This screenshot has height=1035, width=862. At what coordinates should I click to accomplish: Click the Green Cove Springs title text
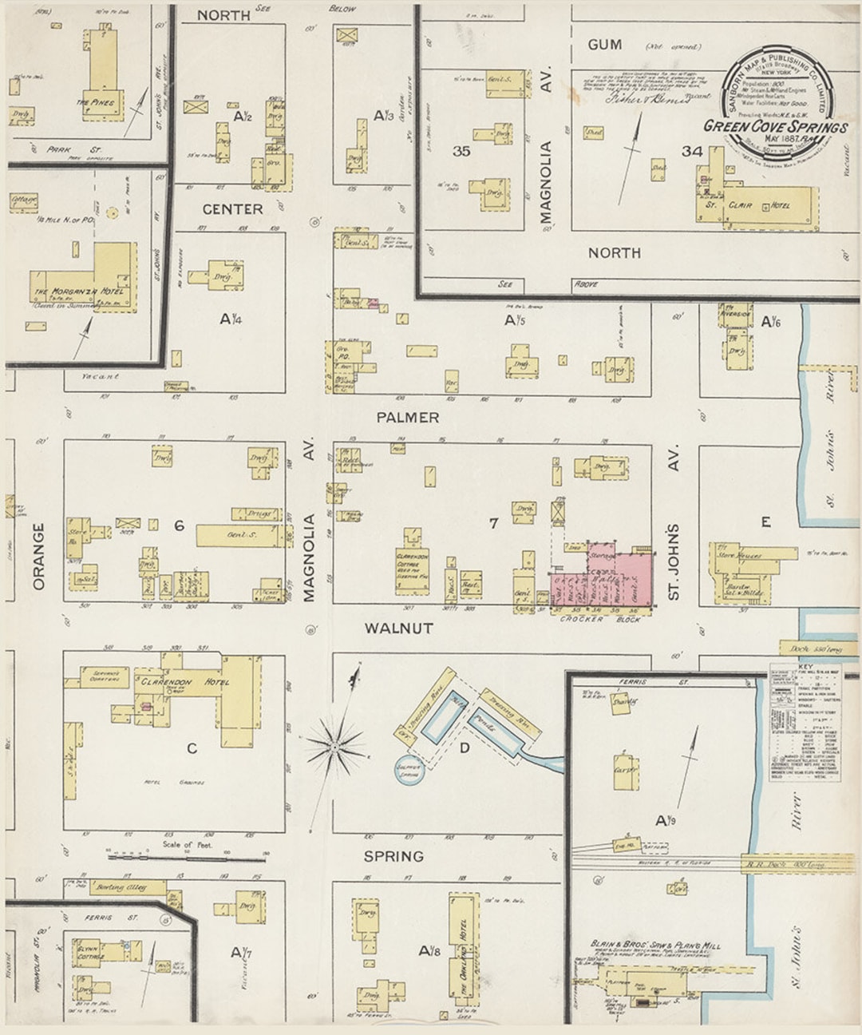click(775, 126)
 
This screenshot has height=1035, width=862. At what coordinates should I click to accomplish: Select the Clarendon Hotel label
click(184, 683)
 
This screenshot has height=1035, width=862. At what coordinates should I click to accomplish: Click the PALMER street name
click(408, 417)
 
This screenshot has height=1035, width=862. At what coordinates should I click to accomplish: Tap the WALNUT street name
click(398, 629)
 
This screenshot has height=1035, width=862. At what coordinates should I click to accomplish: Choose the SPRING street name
click(393, 856)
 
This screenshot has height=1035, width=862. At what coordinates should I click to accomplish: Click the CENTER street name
click(232, 209)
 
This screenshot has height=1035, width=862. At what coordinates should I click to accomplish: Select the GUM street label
click(604, 45)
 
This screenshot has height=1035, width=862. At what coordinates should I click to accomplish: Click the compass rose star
click(335, 747)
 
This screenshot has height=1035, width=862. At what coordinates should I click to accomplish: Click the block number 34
click(691, 151)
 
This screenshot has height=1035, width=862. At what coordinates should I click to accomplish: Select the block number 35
click(461, 151)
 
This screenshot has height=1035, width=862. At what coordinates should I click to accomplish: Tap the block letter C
click(192, 748)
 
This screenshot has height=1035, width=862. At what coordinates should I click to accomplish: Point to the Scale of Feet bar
click(186, 858)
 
